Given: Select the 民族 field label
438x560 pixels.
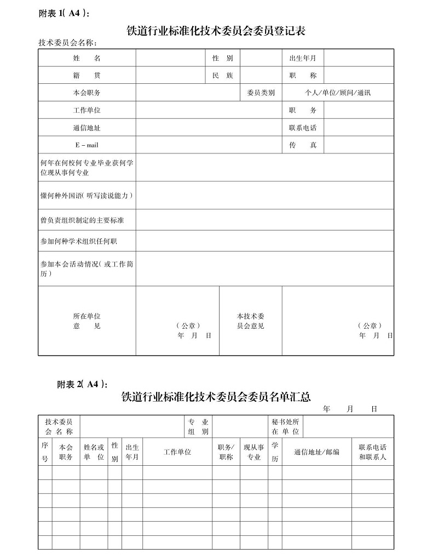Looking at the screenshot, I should coord(222,76).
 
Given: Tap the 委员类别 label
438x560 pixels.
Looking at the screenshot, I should coord(261,93).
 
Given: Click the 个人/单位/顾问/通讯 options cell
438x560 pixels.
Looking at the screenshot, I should coord(338,93).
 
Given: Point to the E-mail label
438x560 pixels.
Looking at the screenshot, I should coord(87,145).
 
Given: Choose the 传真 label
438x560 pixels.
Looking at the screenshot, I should coord(303,145).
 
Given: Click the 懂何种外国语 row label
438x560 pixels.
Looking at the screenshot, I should coord(87,196).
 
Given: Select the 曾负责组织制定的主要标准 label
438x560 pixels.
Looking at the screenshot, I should coord(82,220).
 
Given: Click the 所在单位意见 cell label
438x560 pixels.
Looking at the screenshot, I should coord(87,321).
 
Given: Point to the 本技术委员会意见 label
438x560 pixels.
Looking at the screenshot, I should coord(250,321).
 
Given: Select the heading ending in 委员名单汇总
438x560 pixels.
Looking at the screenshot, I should coord(216,396).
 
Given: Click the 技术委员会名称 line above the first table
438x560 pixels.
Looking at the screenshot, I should coord(71,43).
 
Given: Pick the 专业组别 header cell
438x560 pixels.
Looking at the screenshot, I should coord(198,427).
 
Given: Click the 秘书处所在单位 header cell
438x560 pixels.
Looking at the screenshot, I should coord(285,427).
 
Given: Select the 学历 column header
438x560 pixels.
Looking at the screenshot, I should coord(275,453).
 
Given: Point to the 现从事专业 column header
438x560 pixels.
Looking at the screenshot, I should coord(253,453).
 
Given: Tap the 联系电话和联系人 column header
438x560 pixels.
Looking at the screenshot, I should coord(372,452).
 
